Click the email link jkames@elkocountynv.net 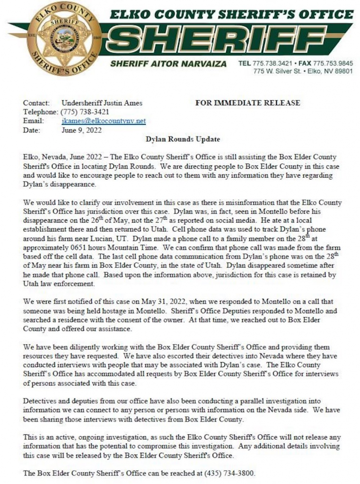(x=104, y=121)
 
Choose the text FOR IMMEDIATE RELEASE (x=247, y=103)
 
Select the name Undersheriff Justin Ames (x=102, y=103)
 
